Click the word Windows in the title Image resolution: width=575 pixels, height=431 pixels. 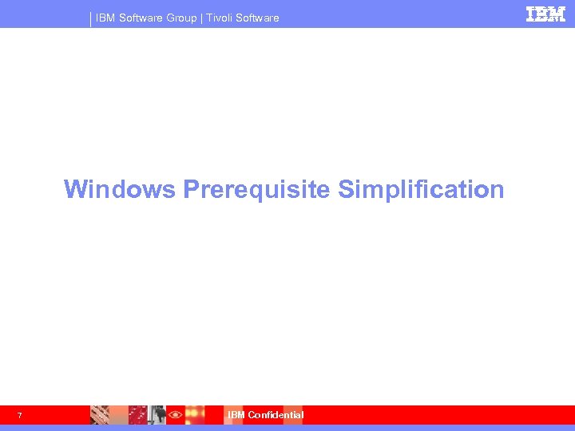click(x=120, y=189)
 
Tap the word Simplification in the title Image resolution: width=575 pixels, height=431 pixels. click(x=421, y=190)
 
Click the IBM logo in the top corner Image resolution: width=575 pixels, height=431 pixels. click(x=545, y=14)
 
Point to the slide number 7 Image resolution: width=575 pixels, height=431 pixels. click(x=19, y=415)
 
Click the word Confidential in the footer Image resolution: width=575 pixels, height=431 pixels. click(x=276, y=415)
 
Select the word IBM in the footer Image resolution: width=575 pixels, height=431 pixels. click(x=236, y=415)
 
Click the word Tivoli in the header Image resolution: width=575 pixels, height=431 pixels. click(x=220, y=18)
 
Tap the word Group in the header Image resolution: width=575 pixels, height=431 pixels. click(x=181, y=18)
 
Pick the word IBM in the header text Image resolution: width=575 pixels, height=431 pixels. click(x=105, y=18)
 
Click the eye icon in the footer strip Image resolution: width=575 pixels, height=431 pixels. click(x=175, y=415)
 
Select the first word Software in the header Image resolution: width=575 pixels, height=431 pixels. click(x=141, y=18)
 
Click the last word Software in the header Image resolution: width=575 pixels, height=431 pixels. click(x=258, y=18)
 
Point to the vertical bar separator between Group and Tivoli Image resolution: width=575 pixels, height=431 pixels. click(x=201, y=18)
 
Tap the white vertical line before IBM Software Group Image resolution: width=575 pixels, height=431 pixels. click(x=91, y=18)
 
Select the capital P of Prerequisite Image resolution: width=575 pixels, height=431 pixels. click(x=191, y=189)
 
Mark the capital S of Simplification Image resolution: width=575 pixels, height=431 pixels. click(x=345, y=189)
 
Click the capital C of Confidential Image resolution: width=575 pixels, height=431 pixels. click(x=252, y=415)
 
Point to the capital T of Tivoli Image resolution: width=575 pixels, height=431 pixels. click(x=209, y=18)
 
